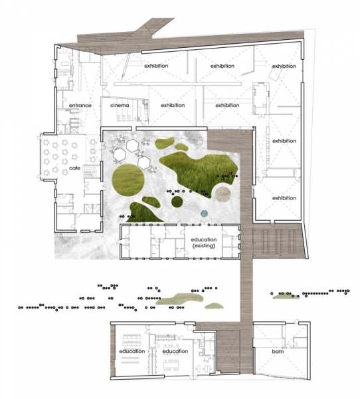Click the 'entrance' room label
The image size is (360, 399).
[80, 105]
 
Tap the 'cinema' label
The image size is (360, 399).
[120, 105]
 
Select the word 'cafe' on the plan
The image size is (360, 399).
[75, 168]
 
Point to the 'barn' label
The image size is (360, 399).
[278, 351]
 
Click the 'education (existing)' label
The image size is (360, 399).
[204, 243]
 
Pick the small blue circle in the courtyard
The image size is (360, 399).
[204, 213]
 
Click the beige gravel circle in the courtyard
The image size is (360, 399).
[223, 194]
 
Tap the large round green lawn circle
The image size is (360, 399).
[128, 180]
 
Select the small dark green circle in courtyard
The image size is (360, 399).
[177, 201]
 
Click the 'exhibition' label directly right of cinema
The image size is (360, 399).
[173, 105]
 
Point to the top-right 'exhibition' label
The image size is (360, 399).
[284, 66]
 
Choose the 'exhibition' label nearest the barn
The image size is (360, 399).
[284, 198]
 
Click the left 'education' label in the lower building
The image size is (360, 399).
[132, 351]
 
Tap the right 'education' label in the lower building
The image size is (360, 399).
[175, 351]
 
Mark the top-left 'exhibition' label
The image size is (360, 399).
[156, 66]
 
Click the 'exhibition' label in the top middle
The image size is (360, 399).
[223, 66]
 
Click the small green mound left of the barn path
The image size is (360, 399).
[214, 306]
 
